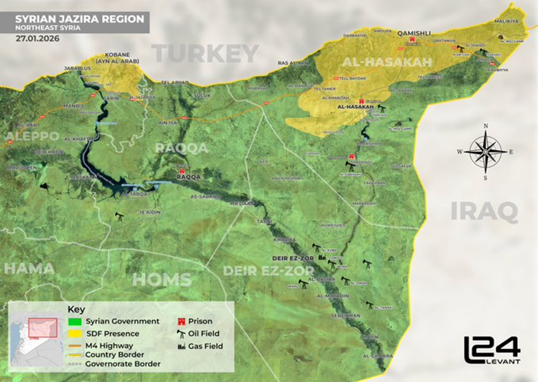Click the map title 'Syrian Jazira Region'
pos(79,19)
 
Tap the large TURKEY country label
pos(205,54)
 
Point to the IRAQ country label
pos(484,212)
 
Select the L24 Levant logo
pos(492,350)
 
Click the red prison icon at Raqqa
pos(182,170)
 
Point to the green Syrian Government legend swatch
pos(74,321)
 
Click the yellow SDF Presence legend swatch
pos(74,334)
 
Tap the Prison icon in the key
pos(182,321)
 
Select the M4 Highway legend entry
pos(109,345)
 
